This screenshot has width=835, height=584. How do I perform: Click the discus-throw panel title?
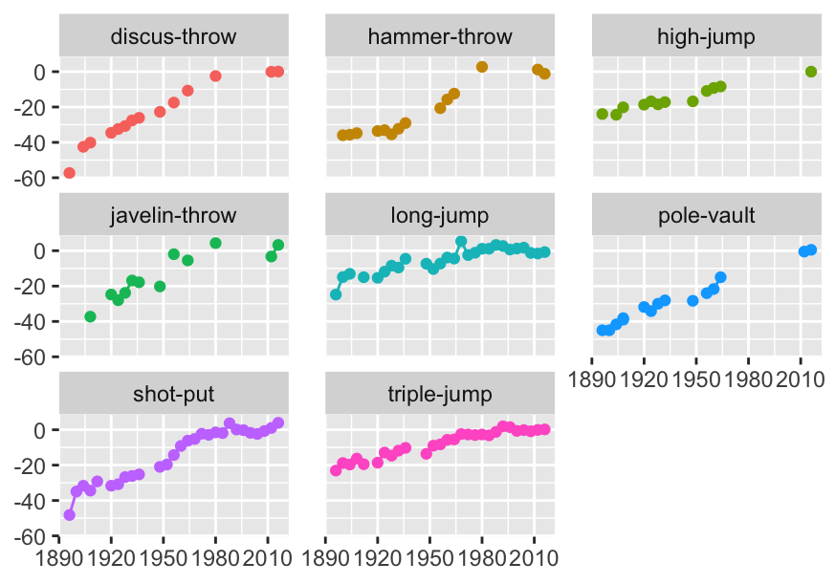click(x=173, y=37)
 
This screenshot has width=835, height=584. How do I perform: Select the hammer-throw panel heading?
click(x=440, y=37)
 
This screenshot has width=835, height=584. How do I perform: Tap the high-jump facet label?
click(x=706, y=37)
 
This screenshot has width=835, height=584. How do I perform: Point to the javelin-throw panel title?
click(x=173, y=216)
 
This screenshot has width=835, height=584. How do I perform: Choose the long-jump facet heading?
click(x=440, y=216)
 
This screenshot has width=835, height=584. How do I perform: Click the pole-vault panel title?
click(x=706, y=216)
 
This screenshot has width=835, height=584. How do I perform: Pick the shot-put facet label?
click(x=173, y=395)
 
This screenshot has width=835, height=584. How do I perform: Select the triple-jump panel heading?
click(x=440, y=395)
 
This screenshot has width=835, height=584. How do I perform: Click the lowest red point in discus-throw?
click(x=69, y=173)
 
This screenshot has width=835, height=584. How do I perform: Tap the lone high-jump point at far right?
click(x=811, y=72)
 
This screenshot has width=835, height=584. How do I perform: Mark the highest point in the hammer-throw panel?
click(x=482, y=67)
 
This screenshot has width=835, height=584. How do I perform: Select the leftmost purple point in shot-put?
click(x=69, y=515)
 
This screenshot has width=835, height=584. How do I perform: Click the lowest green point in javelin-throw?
click(x=90, y=316)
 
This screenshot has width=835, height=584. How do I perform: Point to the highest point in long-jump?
click(x=461, y=242)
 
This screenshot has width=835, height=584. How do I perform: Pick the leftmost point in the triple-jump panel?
click(x=336, y=470)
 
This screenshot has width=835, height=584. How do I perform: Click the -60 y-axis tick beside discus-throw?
click(x=40, y=178)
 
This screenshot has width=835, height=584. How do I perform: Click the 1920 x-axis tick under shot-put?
click(x=111, y=555)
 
